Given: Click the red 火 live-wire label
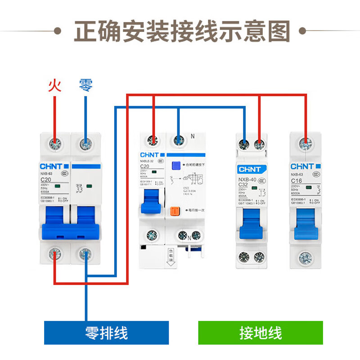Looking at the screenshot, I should (x=54, y=85).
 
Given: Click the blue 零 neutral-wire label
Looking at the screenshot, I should (x=85, y=85).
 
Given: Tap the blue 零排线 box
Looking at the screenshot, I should (x=106, y=333).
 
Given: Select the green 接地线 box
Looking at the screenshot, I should (x=261, y=333).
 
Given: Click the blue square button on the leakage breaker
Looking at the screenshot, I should (x=176, y=166).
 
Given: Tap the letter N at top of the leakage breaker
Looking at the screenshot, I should (x=192, y=136).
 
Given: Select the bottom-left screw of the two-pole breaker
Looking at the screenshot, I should (x=55, y=254).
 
